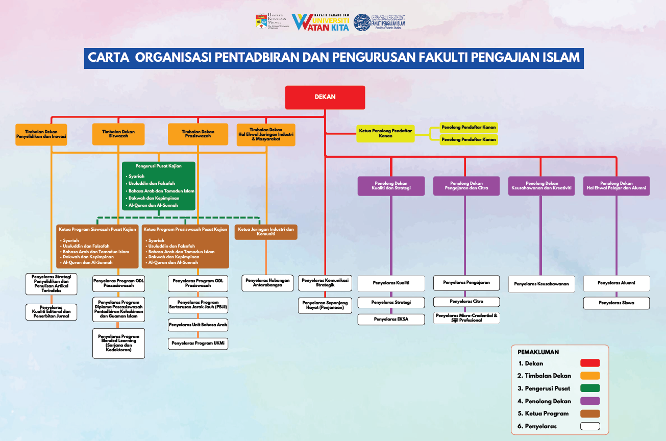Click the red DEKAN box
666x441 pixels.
point(325,97)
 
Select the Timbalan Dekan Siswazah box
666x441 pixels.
point(118,134)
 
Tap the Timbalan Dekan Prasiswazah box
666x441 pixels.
point(198,134)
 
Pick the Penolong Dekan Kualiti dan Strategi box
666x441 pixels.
point(391,186)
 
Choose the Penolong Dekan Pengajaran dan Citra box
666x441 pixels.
point(465,186)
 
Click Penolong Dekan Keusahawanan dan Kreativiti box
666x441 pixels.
point(541,186)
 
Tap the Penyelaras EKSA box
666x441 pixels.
point(391,320)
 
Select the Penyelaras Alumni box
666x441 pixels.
point(616,283)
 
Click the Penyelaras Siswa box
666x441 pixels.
point(616,303)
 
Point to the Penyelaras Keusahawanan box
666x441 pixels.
point(541,284)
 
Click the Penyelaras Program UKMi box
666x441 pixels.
point(198,344)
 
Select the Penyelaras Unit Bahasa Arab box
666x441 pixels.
point(198,325)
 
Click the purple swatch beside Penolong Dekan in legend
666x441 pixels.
point(590,401)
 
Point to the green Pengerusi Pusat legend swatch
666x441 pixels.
point(590,388)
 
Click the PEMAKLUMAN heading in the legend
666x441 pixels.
point(538,352)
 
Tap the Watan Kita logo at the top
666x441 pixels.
point(320,22)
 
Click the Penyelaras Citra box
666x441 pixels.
point(466,302)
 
